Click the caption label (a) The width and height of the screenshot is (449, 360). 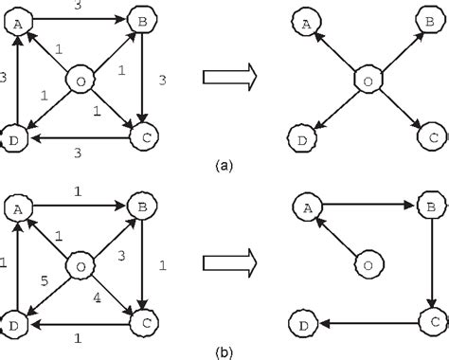point(224,164)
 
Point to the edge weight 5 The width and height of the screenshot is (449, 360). point(44,281)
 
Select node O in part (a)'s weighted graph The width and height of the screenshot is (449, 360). point(81,81)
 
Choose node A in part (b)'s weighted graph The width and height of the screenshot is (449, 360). point(17,204)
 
